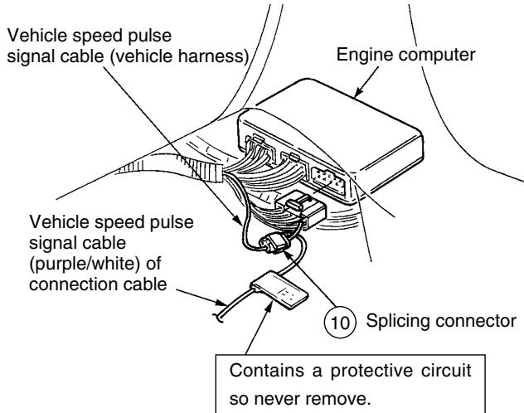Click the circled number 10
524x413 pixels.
pyautogui.click(x=340, y=322)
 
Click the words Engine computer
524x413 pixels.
pyautogui.click(x=405, y=56)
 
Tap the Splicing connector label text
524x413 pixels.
pyautogui.click(x=441, y=321)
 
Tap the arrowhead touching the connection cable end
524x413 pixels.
pyautogui.click(x=221, y=303)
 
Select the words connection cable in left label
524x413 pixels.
pyautogui.click(x=98, y=284)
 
